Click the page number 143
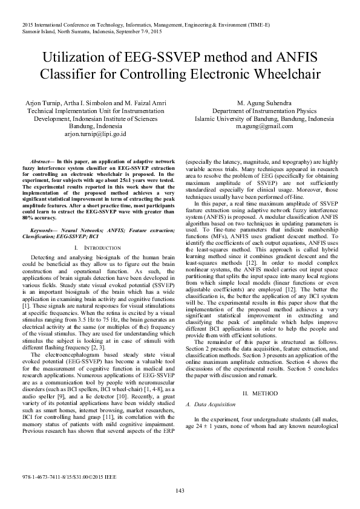tap(180, 490)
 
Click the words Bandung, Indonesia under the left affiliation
tap(87, 127)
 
